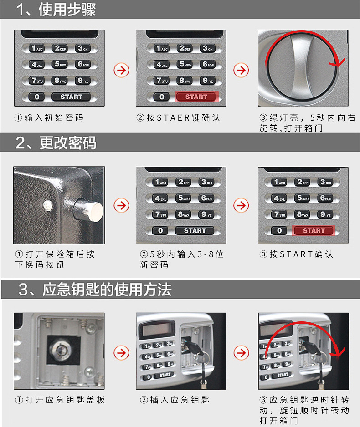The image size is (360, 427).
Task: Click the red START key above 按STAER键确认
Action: click(196, 97)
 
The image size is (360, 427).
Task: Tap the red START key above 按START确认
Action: click(314, 230)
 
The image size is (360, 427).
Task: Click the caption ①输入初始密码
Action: click(49, 118)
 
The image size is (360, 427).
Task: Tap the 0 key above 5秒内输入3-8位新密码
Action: click(160, 231)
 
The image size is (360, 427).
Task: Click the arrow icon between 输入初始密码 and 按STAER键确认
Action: click(121, 70)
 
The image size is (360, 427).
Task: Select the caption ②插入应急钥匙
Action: click(175, 400)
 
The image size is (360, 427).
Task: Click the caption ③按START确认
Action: click(296, 254)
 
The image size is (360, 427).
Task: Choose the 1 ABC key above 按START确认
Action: click(278, 182)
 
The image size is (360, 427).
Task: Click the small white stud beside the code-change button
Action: click(47, 206)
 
